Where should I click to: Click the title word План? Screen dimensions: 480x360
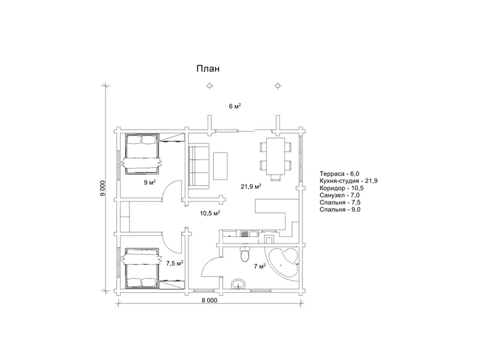(x=208, y=68)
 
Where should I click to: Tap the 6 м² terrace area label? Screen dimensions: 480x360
(x=235, y=106)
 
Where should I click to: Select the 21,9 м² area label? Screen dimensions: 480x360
(x=251, y=186)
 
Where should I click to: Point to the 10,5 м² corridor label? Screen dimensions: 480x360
(x=211, y=213)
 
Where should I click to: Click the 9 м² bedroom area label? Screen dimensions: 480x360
(x=150, y=182)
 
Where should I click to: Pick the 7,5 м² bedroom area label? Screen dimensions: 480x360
(x=175, y=263)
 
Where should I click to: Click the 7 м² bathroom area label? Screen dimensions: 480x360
(x=260, y=266)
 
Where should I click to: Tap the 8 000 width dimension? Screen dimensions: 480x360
(x=209, y=301)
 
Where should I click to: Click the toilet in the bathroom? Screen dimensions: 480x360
(x=245, y=254)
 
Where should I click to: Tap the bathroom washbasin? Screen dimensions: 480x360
(x=238, y=284)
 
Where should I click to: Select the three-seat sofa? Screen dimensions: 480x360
(x=199, y=166)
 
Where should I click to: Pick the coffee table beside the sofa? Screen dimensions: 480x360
(x=220, y=166)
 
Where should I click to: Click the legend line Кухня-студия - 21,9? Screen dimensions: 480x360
(x=349, y=181)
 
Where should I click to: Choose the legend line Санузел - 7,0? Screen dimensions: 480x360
(x=340, y=196)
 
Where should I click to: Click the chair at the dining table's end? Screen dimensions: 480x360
(x=275, y=178)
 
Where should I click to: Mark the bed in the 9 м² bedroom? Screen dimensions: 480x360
(x=142, y=154)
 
